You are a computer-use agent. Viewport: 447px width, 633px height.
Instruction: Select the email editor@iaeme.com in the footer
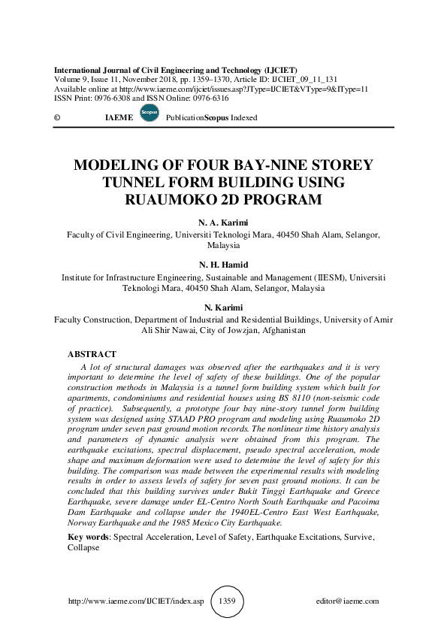(349, 601)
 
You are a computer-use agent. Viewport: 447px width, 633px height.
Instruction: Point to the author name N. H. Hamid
(223, 265)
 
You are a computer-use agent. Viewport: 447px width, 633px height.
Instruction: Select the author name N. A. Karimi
(223, 223)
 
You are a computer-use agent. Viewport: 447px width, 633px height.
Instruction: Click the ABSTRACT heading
(92, 353)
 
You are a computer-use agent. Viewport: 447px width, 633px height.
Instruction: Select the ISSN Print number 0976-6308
(114, 98)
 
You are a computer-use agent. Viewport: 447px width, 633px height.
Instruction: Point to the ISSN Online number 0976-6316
(210, 98)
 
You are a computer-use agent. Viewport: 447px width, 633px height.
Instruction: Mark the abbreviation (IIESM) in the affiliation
(328, 277)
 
